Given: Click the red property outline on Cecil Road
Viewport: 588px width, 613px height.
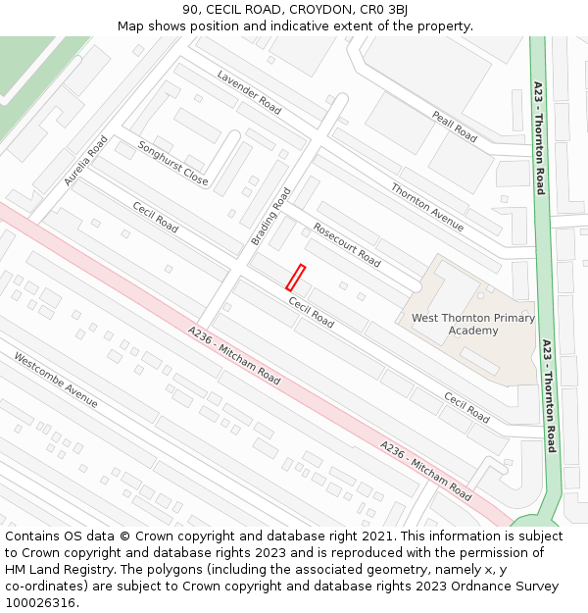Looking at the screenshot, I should (295, 278).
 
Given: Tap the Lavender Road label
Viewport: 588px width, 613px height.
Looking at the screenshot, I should (249, 92).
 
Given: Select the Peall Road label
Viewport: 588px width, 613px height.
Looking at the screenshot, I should (454, 127).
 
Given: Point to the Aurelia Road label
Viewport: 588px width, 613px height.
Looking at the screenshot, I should (85, 161).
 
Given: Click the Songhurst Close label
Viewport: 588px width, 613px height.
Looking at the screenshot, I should (172, 164).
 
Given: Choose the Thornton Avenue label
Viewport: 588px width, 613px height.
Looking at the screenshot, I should (426, 207).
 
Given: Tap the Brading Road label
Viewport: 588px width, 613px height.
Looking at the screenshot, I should (271, 216).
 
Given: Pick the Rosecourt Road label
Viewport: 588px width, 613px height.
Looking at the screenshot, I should (346, 244).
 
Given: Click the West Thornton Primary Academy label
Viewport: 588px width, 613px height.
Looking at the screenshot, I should (473, 324).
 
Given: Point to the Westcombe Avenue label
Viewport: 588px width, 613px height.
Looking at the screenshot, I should (56, 379).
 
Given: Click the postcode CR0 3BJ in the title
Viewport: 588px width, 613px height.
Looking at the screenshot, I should (384, 10).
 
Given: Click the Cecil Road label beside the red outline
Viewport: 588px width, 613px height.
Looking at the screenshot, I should (311, 313).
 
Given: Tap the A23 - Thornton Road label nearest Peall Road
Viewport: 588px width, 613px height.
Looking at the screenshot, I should (539, 137).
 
